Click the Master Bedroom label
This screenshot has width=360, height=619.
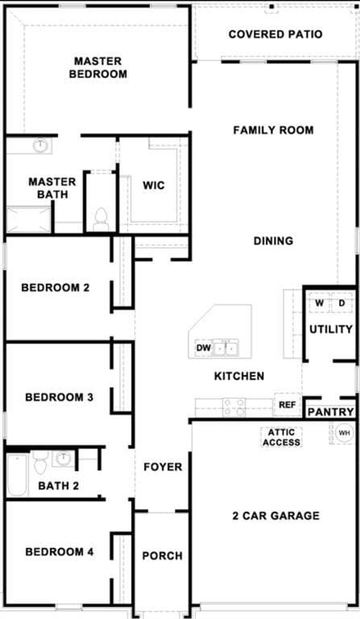click(97, 68)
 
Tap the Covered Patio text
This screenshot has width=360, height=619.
click(275, 35)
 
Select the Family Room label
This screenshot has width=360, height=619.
click(273, 130)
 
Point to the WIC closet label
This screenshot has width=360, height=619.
click(154, 185)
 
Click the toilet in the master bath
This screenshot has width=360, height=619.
click(101, 218)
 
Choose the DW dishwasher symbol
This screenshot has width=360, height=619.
click(203, 349)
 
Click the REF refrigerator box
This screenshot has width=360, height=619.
click(288, 405)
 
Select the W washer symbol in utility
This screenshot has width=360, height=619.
click(320, 303)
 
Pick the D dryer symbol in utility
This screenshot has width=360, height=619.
click(341, 303)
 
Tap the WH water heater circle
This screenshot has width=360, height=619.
click(344, 434)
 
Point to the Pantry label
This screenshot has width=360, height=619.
click(330, 412)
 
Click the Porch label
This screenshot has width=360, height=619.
click(162, 556)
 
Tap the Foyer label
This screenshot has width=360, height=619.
click(163, 467)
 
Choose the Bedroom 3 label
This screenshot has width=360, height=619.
click(60, 397)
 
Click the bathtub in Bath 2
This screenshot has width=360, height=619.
click(18, 476)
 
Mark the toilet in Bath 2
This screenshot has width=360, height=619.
click(40, 464)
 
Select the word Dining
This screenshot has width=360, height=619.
click(273, 240)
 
